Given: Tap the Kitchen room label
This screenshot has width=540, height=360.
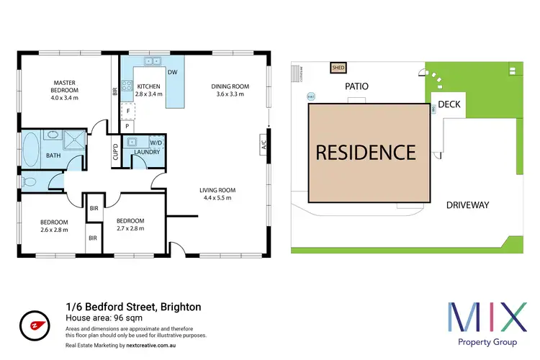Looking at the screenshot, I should pos(150,89).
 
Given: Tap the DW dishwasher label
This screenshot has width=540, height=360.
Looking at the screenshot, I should pos(172,72).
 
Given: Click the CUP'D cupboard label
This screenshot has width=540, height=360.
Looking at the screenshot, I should pos(114,152).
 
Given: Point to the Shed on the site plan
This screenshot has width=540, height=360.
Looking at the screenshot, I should pos(338,68).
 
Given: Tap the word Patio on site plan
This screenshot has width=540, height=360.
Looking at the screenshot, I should pos(357,86).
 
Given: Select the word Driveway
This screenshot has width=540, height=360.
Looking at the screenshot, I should pos(467,205).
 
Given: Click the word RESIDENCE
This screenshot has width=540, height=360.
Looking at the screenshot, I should pos(365,152).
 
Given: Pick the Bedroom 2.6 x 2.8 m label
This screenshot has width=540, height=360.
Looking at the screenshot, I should pos(54,225).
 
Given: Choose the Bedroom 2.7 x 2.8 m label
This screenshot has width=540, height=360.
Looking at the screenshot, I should pos(130,225).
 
